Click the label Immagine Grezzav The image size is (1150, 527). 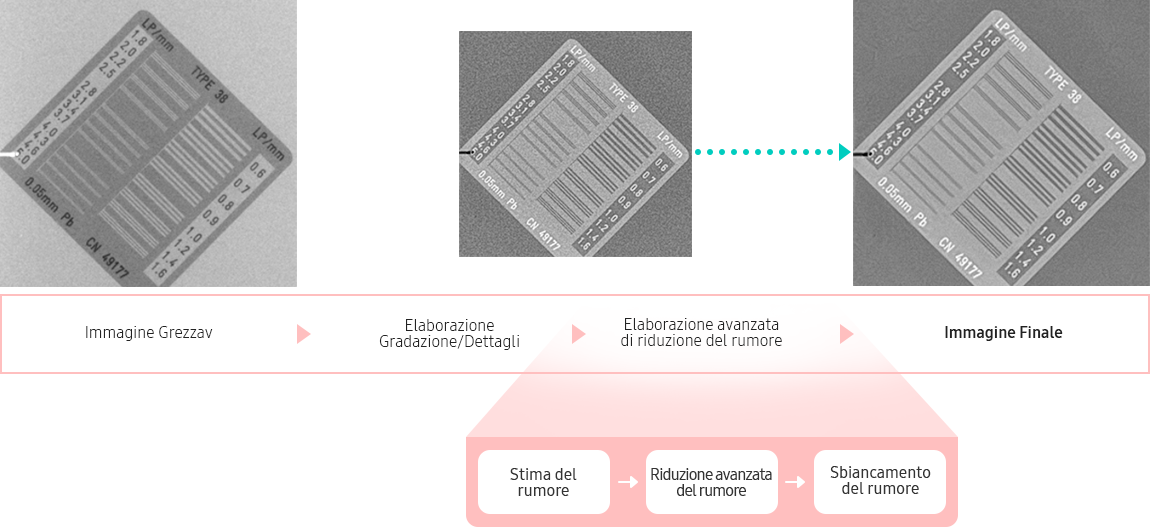148,333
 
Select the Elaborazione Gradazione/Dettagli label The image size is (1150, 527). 449,334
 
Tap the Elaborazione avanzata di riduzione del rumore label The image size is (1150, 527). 701,333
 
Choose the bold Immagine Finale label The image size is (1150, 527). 1003,333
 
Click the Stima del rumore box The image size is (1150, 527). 543,482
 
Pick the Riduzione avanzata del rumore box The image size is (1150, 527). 711,482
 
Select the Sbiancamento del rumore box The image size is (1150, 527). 880,480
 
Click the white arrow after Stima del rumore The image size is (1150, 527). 628,482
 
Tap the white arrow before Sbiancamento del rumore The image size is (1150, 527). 795,482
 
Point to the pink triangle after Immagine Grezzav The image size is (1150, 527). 304,334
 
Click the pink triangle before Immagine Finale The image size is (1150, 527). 846,334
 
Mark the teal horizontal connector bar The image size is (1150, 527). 771,151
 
